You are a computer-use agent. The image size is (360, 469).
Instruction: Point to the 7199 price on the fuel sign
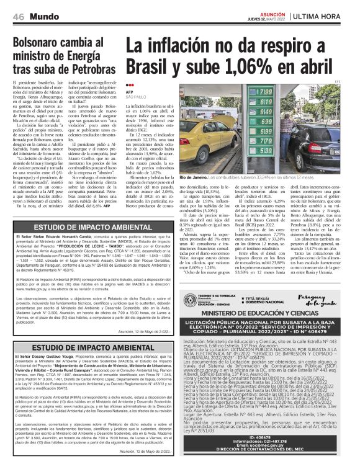click(x=265, y=92)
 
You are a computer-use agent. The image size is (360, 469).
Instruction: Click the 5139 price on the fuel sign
click(x=265, y=151)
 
